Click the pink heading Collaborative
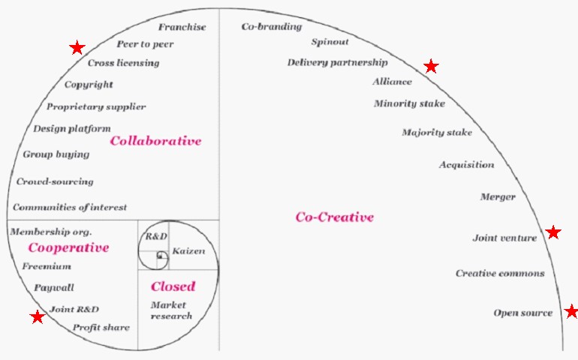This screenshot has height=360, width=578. (x=155, y=140)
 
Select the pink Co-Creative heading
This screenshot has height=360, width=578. (x=334, y=217)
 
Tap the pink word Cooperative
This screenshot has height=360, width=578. (x=68, y=247)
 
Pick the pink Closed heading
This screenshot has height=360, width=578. (x=173, y=286)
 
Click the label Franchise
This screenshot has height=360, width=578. (x=182, y=27)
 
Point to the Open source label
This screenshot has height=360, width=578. (x=522, y=313)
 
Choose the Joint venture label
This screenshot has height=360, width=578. (x=504, y=238)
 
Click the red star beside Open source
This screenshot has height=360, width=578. (x=571, y=311)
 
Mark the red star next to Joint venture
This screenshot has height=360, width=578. (x=553, y=232)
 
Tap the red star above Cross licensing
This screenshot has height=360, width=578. (x=77, y=48)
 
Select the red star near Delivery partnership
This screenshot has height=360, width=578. (x=431, y=67)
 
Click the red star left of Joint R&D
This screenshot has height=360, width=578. (x=37, y=317)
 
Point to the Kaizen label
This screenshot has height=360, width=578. (x=188, y=250)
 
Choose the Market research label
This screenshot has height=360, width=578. (x=171, y=310)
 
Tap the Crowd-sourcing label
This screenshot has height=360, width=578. (x=55, y=181)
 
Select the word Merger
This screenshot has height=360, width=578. (x=498, y=197)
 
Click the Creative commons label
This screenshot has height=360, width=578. (x=500, y=273)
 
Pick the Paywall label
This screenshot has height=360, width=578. (x=54, y=287)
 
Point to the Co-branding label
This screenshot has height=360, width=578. (x=271, y=27)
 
